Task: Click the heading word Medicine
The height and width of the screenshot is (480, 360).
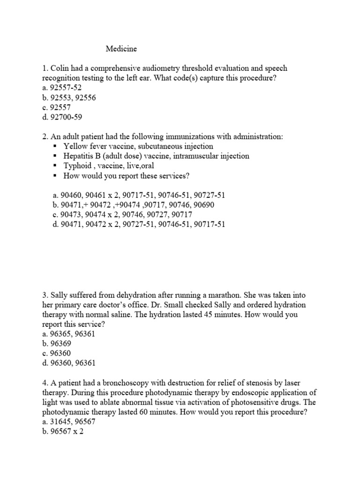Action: pos(121,48)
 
